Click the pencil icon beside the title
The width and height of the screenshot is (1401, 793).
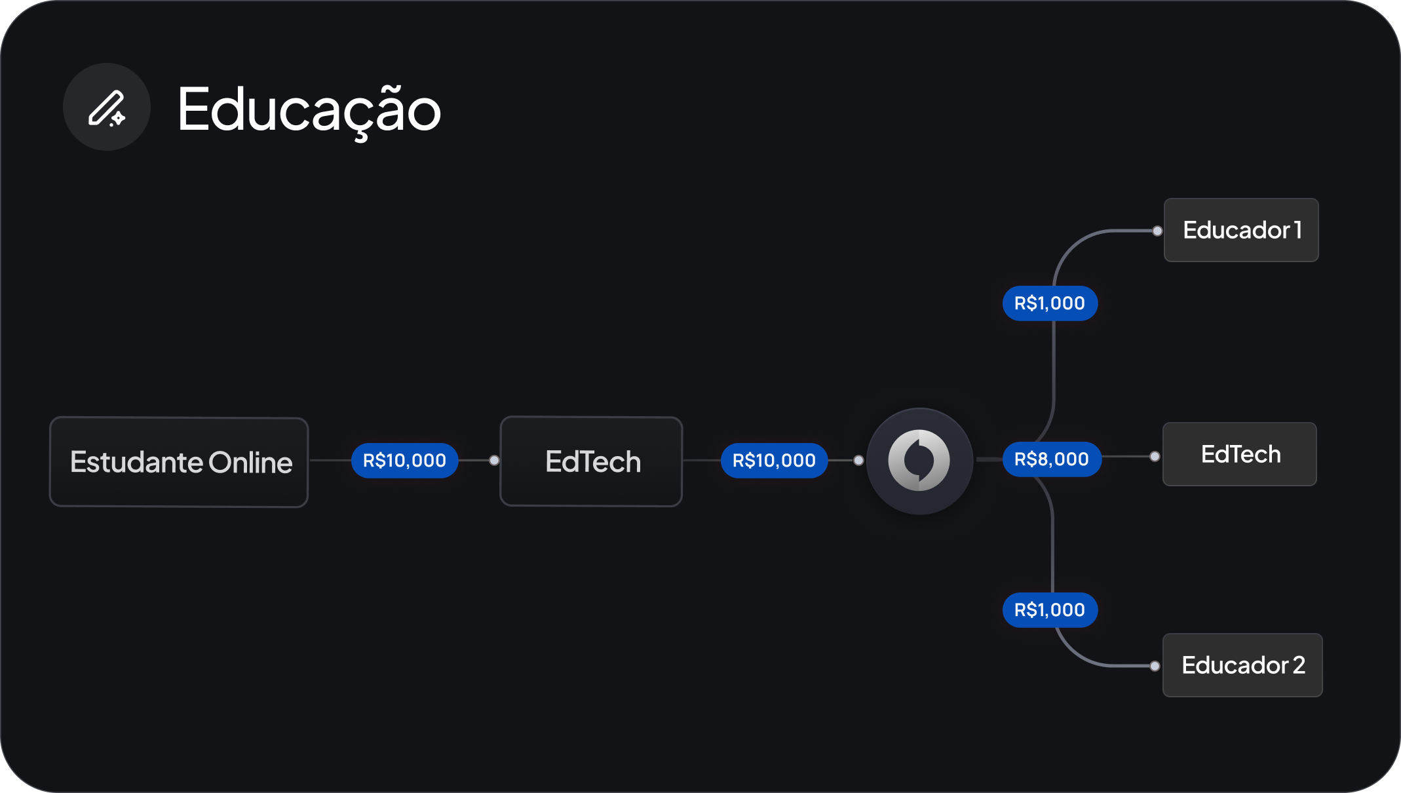tap(107, 108)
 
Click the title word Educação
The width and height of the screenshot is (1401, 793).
tap(309, 110)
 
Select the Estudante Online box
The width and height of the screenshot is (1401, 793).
tap(179, 462)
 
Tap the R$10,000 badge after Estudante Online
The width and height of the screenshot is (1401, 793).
tap(404, 461)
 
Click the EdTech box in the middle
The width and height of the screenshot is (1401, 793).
tap(591, 461)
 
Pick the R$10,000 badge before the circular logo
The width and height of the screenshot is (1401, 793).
tap(774, 461)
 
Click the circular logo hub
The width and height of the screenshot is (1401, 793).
tap(919, 461)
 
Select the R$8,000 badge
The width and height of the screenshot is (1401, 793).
tap(1052, 459)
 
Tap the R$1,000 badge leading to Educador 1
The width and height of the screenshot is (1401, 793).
tap(1050, 303)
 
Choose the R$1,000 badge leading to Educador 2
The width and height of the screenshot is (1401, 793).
tap(1050, 610)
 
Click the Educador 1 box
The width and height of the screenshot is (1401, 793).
tap(1241, 230)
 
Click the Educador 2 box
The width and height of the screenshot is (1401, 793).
tap(1242, 665)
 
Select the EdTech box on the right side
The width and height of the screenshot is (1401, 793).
tap(1240, 454)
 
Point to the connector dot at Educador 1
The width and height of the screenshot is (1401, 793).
tap(1158, 231)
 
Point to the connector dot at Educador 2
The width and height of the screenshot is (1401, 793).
tap(1155, 666)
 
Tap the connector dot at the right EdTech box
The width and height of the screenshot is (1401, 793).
tap(1155, 456)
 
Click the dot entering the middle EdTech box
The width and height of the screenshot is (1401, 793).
tap(495, 461)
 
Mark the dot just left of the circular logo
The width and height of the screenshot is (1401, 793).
tap(858, 461)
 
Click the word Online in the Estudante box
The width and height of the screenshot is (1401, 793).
tap(250, 463)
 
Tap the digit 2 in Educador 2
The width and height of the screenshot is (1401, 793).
tap(1299, 665)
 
